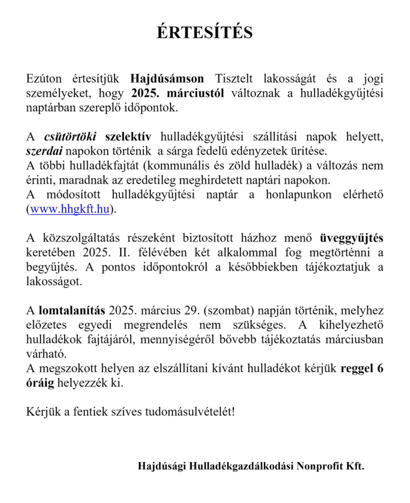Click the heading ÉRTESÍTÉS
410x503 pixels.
click(x=204, y=33)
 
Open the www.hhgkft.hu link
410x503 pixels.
click(x=69, y=209)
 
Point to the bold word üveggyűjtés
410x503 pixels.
click(x=351, y=238)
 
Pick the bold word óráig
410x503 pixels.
click(x=41, y=383)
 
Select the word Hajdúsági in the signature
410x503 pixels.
click(x=162, y=466)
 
